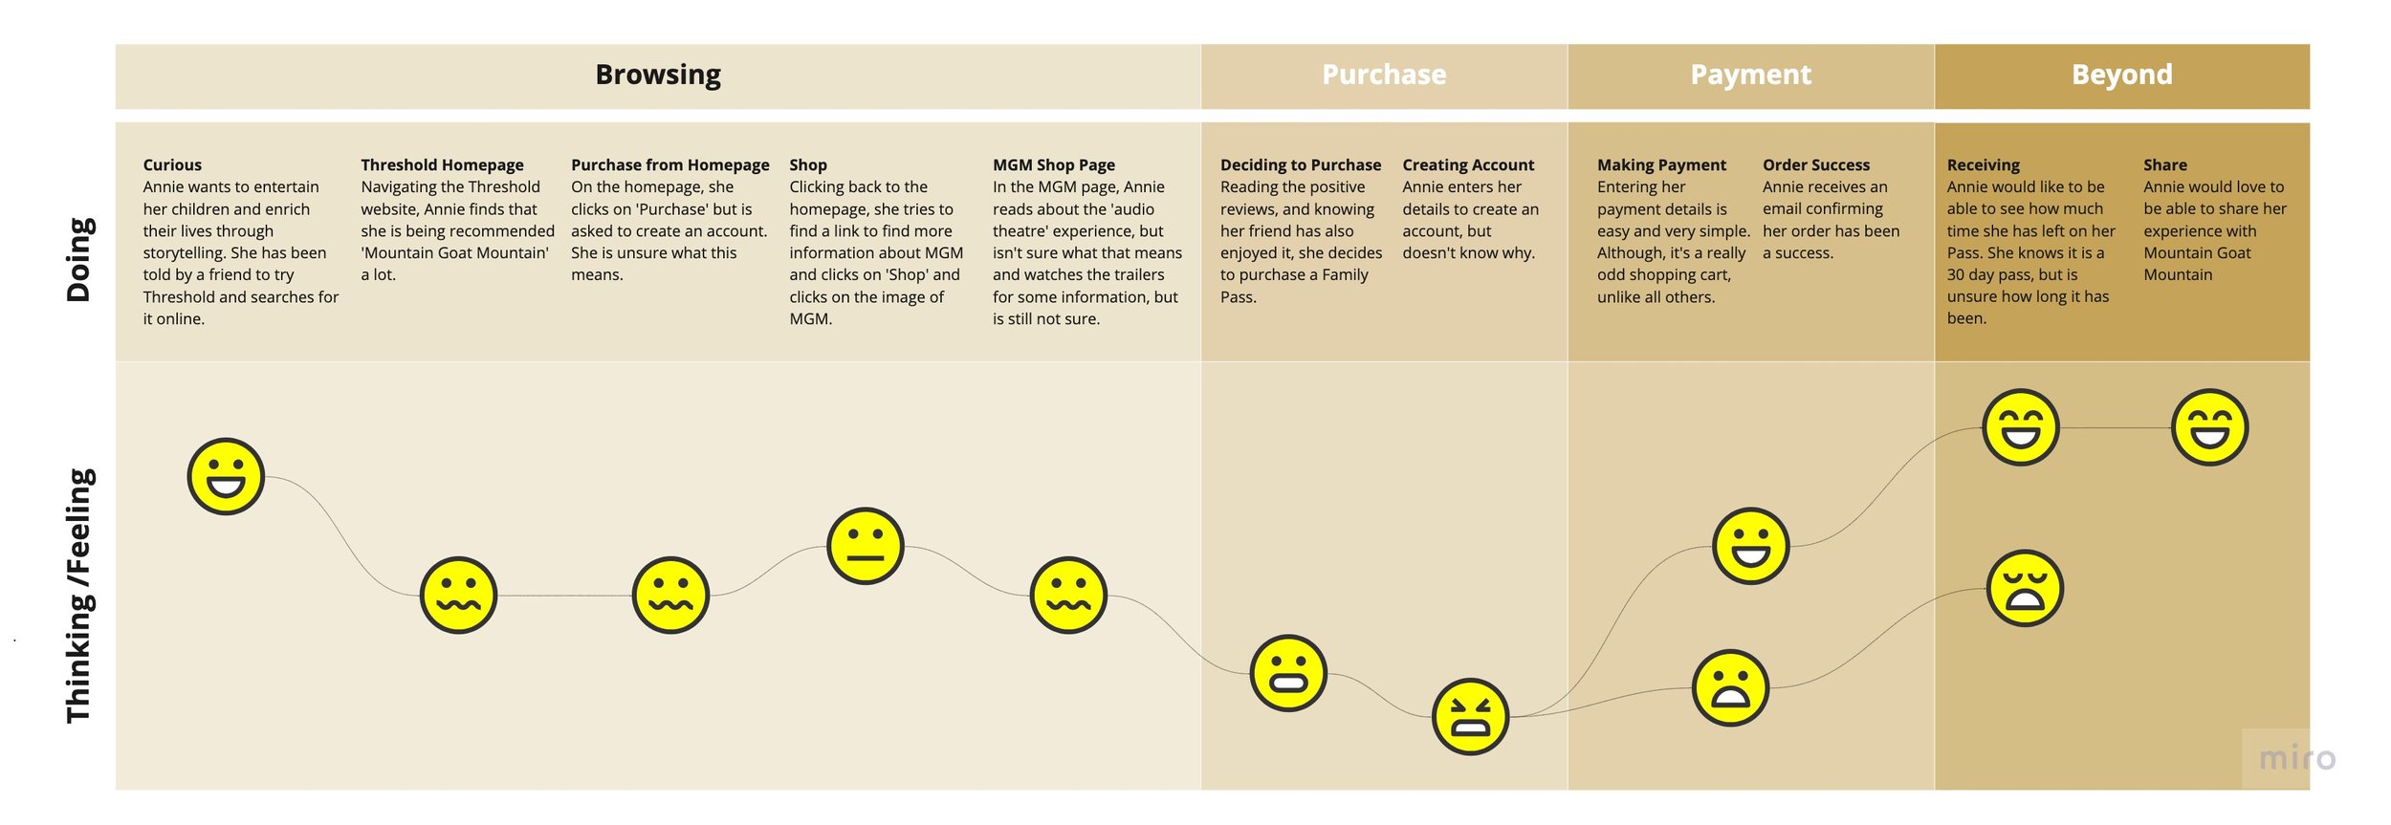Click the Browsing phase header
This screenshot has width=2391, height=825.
658,75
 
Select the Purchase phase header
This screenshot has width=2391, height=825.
1383,75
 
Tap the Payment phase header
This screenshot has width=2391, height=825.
1750,75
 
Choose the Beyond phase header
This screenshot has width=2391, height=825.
2121,75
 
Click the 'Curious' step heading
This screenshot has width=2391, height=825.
172,164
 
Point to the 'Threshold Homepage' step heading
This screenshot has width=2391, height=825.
442,164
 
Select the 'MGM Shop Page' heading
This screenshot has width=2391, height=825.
1053,164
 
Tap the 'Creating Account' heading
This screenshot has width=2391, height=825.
1467,164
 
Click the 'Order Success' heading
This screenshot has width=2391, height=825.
1815,164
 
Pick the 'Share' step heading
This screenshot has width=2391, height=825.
2164,164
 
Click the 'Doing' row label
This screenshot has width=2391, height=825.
78,260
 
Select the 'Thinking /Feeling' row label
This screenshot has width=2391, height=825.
78,595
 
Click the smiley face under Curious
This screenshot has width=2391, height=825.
226,476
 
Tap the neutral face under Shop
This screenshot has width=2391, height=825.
865,546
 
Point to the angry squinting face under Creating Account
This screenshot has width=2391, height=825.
1470,716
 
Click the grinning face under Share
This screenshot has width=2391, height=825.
2209,427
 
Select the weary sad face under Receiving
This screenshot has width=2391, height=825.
2025,588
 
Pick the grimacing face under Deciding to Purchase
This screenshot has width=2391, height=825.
1288,673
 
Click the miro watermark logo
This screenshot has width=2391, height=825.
2296,758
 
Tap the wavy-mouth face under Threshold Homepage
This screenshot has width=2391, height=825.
458,595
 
